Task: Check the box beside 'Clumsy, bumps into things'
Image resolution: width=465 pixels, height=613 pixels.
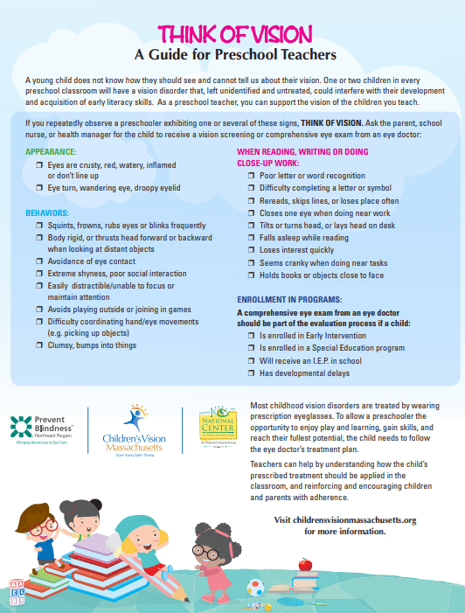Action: [38, 345]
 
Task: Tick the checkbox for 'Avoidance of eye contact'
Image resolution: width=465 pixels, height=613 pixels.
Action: [38, 261]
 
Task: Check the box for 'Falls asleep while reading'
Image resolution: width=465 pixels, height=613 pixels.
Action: [252, 237]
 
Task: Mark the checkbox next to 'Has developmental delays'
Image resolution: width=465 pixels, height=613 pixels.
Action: [252, 373]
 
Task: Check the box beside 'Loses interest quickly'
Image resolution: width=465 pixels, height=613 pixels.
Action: [252, 249]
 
